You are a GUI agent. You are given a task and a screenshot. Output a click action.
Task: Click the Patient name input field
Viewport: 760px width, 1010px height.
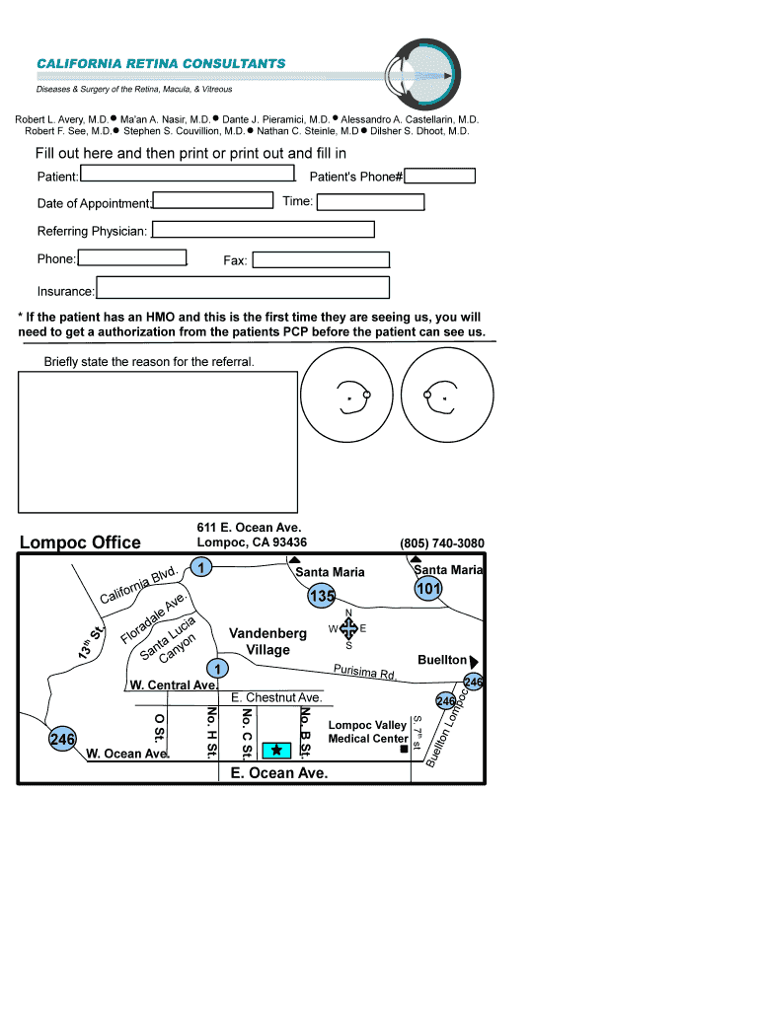point(188,175)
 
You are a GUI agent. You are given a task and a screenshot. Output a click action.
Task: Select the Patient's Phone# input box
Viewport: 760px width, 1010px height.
point(439,177)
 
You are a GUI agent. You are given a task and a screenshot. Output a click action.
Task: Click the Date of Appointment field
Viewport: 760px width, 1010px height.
point(213,201)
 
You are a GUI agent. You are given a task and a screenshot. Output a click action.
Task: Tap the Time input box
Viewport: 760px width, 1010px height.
point(370,202)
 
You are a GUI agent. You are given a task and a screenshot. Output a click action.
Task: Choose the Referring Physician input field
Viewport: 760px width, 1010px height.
point(264,230)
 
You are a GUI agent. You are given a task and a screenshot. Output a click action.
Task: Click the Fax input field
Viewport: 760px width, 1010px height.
point(321,260)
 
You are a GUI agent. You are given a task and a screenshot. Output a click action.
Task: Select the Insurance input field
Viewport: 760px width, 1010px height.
point(243,288)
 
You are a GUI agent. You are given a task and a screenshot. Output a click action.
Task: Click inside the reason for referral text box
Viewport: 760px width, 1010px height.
point(158,440)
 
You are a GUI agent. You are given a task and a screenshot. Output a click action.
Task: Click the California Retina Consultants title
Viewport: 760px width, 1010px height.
point(161,63)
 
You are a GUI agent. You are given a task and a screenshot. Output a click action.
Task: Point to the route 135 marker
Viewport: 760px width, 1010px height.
point(322,597)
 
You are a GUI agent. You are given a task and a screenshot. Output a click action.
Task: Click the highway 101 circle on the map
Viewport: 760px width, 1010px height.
point(428,589)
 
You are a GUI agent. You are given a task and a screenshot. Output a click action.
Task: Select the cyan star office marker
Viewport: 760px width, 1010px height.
point(276,751)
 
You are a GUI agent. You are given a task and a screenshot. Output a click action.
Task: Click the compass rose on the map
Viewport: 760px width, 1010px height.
point(348,629)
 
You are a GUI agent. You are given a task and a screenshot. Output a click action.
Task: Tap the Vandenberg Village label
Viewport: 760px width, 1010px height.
point(267,641)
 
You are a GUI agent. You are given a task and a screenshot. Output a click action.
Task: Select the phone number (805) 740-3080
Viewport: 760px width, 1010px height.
point(441,543)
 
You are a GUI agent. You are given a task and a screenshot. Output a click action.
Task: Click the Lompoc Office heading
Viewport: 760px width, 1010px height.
point(80,542)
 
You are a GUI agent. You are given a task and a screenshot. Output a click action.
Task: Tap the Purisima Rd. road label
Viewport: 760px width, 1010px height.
point(364,672)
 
